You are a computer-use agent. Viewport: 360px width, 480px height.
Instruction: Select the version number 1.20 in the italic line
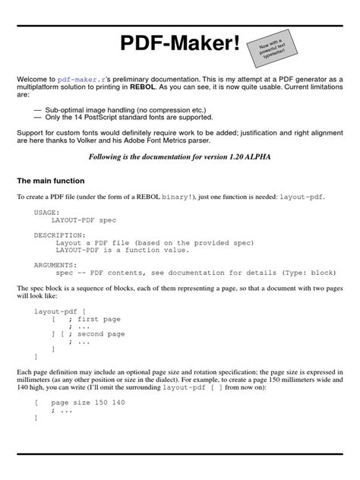[x=242, y=156]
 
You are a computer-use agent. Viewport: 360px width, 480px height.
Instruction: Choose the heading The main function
[x=51, y=181]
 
